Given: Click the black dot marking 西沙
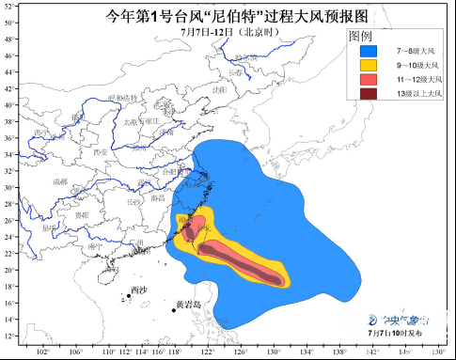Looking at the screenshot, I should click(128, 296).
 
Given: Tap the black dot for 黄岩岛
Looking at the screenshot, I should click(174, 310).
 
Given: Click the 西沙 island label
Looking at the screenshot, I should click(139, 289).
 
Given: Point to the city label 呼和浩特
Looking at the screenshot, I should click(123, 98).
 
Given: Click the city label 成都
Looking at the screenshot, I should click(60, 180).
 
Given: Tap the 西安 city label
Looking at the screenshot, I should click(101, 151).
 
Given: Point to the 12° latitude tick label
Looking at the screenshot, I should click(9, 336).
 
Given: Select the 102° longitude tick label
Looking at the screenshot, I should click(42, 352).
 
